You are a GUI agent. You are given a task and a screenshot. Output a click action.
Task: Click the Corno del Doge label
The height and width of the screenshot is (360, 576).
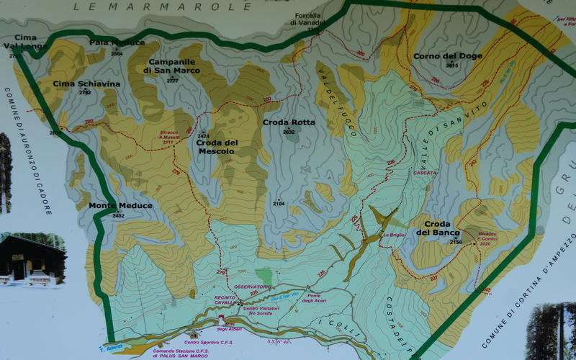pos(447,56)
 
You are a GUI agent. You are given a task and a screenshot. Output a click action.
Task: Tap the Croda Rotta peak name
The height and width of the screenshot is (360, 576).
pos(289,122)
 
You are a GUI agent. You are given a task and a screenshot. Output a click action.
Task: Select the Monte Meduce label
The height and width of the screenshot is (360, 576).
pos(120,206)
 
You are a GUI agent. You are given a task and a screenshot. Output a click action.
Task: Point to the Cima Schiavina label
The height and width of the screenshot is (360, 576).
pos(86,84)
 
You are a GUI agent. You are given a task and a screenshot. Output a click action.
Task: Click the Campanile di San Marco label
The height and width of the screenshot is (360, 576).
pos(172,66)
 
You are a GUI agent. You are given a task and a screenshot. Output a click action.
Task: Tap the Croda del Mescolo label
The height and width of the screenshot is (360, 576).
pos(215,147)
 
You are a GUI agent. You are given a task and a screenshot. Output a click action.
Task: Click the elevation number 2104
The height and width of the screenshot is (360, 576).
pos(279,204)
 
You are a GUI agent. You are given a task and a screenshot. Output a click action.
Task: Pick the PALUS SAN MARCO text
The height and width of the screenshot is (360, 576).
pos(185,355)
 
